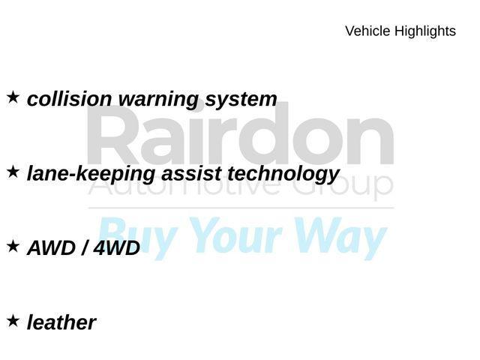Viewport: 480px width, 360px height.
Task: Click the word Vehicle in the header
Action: coord(367,31)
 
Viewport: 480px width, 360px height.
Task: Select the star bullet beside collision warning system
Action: coord(13,97)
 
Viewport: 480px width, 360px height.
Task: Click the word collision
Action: coord(70,99)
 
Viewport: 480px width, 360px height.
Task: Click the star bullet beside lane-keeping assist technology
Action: coord(13,172)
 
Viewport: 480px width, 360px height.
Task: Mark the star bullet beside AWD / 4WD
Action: coord(13,245)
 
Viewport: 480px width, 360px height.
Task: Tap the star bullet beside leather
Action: coord(13,320)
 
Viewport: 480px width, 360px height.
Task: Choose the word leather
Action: coord(61,322)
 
